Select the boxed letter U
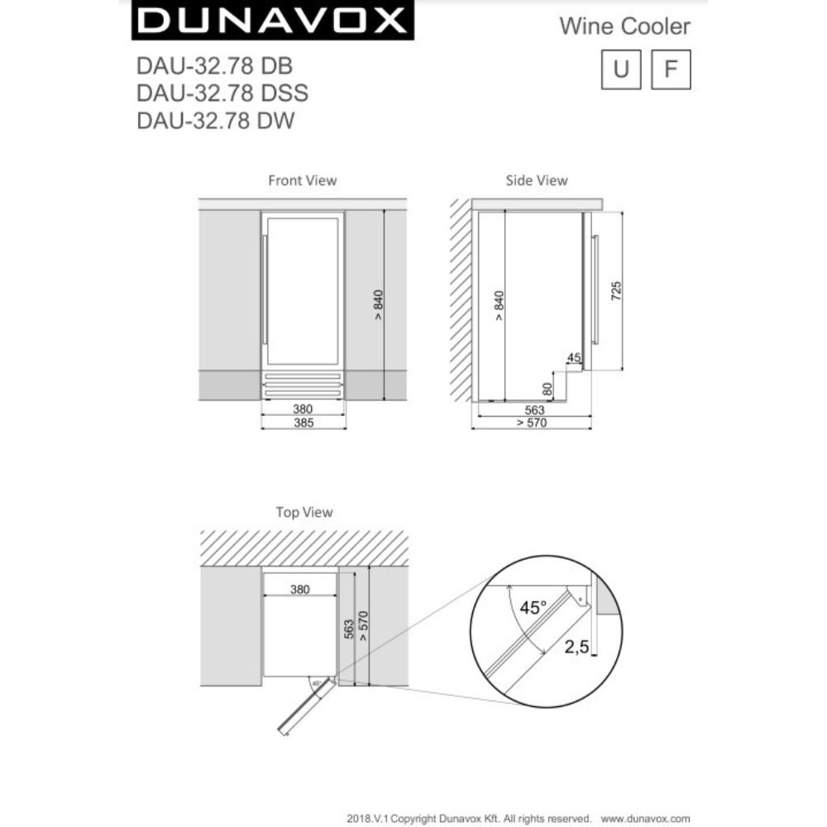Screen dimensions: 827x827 (x=621, y=70)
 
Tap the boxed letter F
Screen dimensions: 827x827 (x=671, y=70)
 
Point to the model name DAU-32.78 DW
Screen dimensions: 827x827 (x=214, y=121)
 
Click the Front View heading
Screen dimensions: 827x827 (x=302, y=180)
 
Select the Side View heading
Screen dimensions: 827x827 (x=537, y=180)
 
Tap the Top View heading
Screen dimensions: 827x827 (x=304, y=513)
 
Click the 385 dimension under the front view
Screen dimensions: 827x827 (x=303, y=423)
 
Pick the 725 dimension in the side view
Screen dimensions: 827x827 (x=616, y=291)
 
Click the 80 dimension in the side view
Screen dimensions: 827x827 (x=547, y=387)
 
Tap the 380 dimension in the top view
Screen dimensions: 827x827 (x=299, y=590)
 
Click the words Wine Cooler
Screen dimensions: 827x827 (x=624, y=26)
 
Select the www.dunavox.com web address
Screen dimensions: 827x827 (x=646, y=817)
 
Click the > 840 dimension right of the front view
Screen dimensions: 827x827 (x=378, y=304)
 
